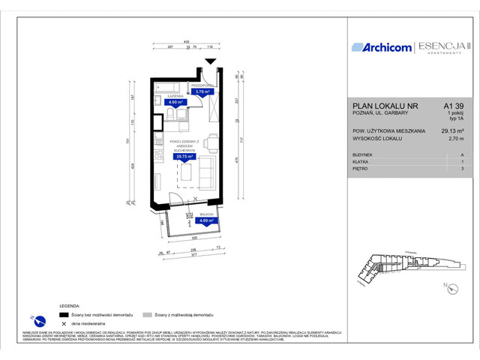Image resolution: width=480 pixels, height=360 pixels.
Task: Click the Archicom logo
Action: (382, 47)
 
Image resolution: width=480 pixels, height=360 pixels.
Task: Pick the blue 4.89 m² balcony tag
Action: (205, 221)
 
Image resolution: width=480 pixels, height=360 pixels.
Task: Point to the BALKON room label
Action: (206, 214)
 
